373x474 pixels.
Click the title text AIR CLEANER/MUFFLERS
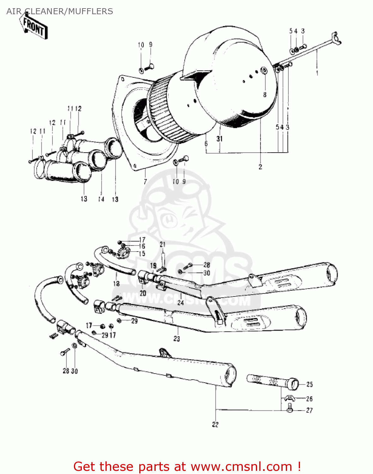click(60, 11)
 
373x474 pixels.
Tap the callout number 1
click(317, 73)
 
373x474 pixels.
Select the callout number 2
click(260, 167)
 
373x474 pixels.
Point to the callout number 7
click(145, 181)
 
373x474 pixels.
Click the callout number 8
click(265, 94)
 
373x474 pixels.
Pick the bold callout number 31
click(220, 139)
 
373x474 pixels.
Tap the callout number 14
click(101, 199)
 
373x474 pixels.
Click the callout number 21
click(162, 244)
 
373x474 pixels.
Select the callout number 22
click(215, 424)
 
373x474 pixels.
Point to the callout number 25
click(310, 384)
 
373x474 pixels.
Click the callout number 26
click(309, 399)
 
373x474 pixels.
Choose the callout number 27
click(309, 410)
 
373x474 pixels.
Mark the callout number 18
click(116, 283)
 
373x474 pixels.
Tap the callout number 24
click(180, 303)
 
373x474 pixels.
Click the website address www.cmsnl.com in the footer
click(242, 466)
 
